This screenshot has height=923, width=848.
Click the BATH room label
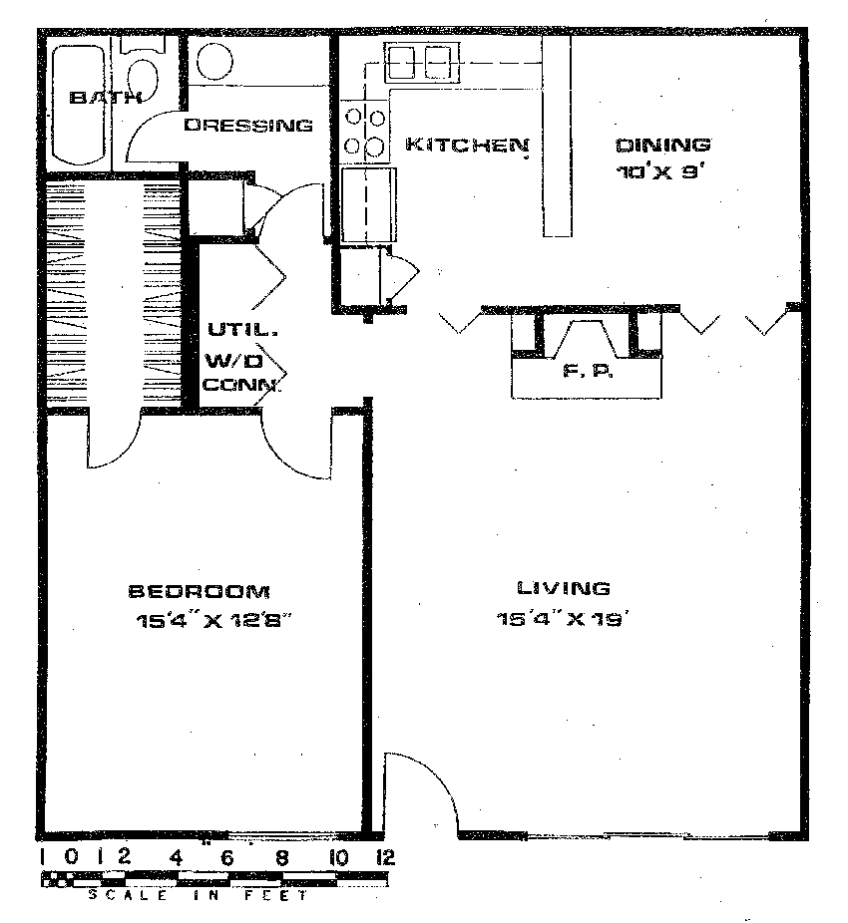click(x=105, y=97)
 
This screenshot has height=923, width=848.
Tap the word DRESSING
click(x=248, y=125)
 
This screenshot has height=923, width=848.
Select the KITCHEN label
click(x=467, y=145)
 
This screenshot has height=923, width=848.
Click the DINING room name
click(x=663, y=145)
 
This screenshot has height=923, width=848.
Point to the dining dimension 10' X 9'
click(x=660, y=172)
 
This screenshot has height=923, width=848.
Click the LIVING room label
click(x=563, y=587)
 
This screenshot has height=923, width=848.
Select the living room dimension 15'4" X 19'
click(x=560, y=619)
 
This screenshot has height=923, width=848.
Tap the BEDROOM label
click(x=200, y=591)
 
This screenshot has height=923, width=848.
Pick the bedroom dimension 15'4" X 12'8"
click(x=213, y=621)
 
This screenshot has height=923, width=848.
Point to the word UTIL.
click(x=242, y=330)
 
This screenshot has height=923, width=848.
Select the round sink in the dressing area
click(x=215, y=61)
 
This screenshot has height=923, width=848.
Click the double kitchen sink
click(x=419, y=62)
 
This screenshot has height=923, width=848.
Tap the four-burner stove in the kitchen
click(x=365, y=131)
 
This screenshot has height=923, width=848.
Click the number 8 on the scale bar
click(x=282, y=857)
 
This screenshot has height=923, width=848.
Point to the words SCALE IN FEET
click(x=198, y=896)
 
